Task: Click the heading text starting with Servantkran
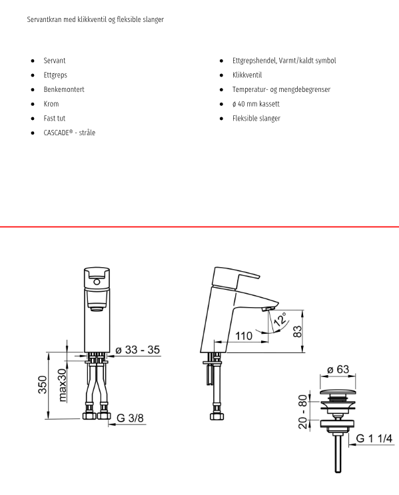point(95,19)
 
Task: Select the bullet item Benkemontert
point(64,89)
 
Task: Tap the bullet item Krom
point(51,104)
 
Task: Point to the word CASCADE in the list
point(56,133)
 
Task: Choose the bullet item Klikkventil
point(247,75)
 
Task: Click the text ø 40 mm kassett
point(256,104)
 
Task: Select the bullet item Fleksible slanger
point(256,119)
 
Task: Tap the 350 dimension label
point(43,384)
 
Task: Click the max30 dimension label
point(63,385)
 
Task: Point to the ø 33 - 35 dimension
point(138,350)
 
